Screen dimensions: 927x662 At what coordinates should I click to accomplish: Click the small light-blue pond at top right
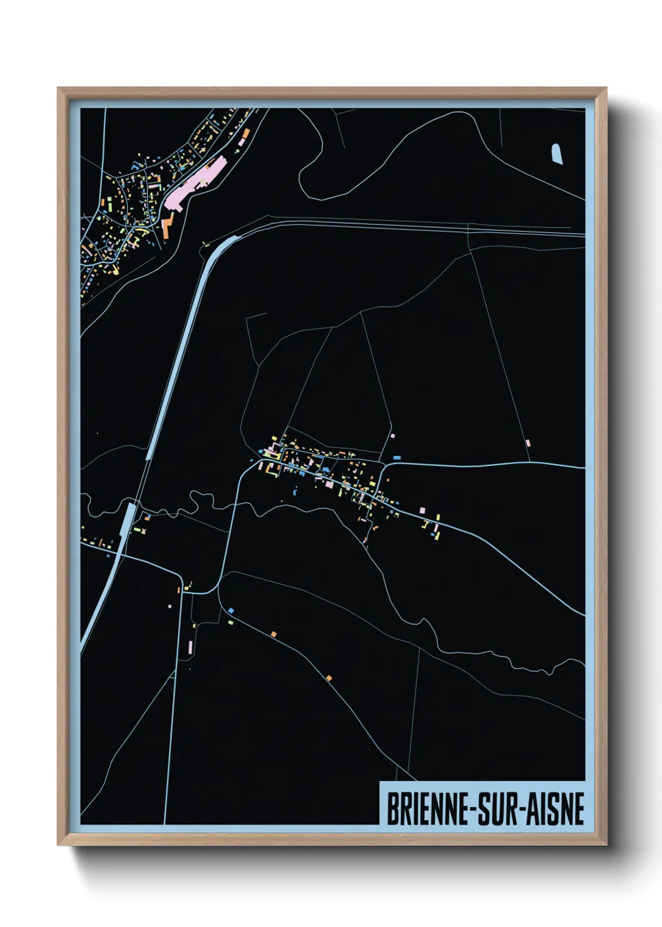tap(556, 153)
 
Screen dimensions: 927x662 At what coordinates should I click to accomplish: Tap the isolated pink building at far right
tap(528, 443)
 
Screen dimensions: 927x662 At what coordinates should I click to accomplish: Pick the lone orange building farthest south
tap(329, 678)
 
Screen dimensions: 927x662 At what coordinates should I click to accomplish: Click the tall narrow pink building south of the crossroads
tap(190, 648)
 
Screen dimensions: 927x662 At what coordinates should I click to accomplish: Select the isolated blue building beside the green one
tap(232, 610)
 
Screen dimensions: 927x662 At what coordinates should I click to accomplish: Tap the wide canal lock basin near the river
tap(129, 519)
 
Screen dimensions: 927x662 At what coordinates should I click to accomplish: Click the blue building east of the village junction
tap(397, 458)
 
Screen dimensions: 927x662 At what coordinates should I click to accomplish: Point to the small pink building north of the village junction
tap(392, 436)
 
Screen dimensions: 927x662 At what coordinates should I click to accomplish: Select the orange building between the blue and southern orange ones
tap(273, 634)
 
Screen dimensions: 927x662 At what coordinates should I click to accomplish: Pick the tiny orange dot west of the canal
tap(97, 433)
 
